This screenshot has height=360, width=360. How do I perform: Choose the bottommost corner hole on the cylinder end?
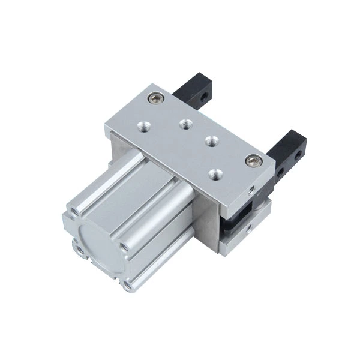(x=127, y=286)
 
